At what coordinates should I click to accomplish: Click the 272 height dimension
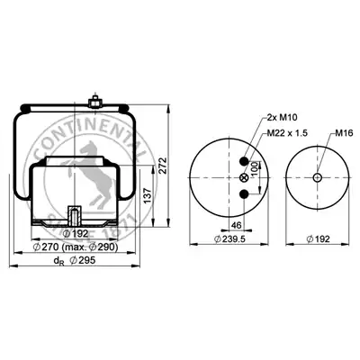162,165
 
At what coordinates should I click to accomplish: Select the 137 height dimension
148,195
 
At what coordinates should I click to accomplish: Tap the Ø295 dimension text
83,260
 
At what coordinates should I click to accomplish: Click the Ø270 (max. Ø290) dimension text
75,247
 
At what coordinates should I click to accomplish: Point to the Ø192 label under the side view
76,233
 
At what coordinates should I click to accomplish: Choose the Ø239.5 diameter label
229,239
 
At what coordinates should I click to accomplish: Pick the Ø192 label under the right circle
318,239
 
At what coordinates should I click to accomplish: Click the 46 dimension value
237,225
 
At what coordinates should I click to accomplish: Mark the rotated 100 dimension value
255,170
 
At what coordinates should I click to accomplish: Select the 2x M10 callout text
282,118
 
